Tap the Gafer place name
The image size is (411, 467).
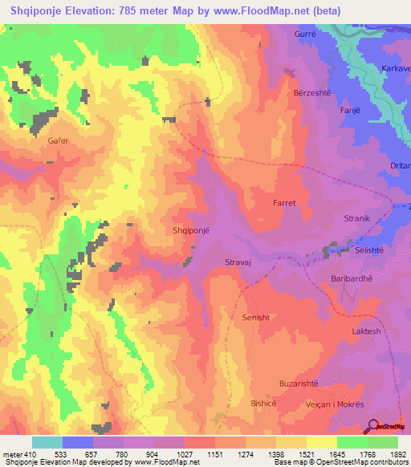[59, 140]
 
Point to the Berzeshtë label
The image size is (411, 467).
[316, 92]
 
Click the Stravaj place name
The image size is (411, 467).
[241, 262]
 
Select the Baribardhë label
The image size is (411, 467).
[353, 278]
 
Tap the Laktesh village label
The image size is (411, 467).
[366, 331]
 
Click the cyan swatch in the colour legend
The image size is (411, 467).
[47, 442]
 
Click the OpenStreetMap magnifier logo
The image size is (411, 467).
[372, 426]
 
